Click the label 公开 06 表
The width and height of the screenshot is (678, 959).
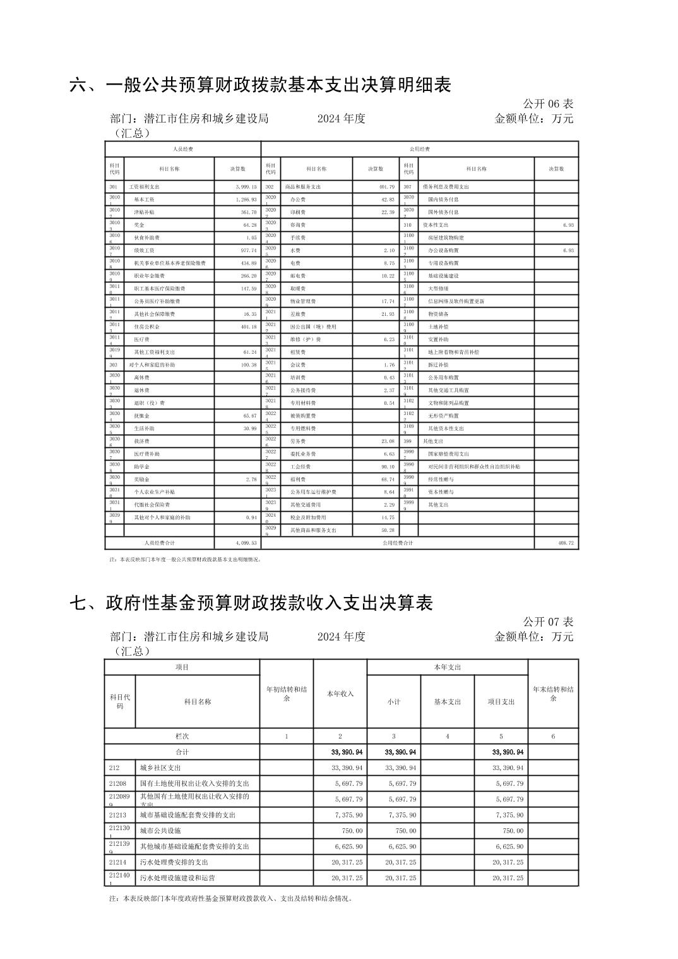(x=547, y=104)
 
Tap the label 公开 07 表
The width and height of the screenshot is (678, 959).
(x=547, y=622)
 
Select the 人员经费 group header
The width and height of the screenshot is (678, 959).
(x=183, y=149)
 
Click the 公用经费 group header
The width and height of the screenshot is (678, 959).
(x=420, y=149)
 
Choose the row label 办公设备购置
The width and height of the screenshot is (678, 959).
(x=444, y=250)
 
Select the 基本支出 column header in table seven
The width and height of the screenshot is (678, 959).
(x=447, y=701)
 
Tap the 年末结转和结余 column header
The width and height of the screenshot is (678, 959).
(x=553, y=694)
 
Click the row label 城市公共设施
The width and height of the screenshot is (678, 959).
(x=160, y=831)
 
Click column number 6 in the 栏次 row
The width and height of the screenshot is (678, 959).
(x=553, y=736)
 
